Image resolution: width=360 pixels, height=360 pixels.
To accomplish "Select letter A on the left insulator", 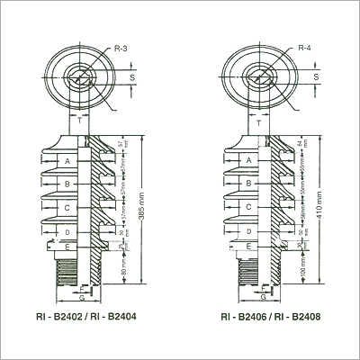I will coord(67,160).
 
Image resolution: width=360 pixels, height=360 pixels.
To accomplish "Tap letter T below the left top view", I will coord(83,117).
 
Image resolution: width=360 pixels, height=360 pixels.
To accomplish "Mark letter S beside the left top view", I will coord(135,77).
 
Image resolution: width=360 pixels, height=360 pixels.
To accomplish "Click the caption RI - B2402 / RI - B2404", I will coord(86,318).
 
